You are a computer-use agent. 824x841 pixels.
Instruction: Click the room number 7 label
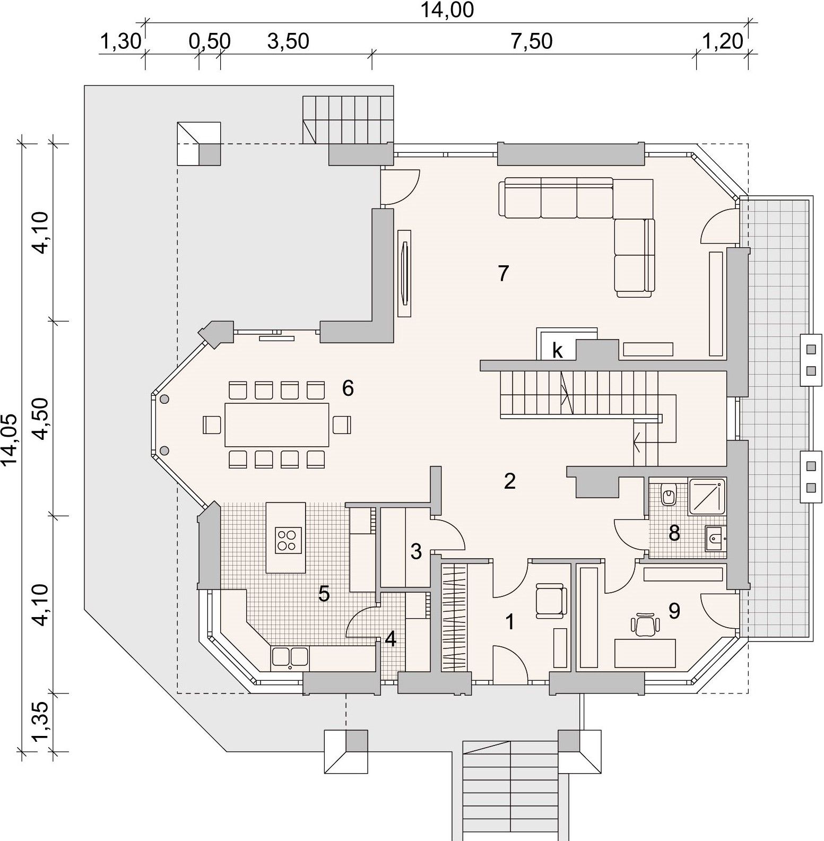[x=504, y=273]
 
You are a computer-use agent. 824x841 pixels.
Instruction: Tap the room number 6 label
[x=348, y=388]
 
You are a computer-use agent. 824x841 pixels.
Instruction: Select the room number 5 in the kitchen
[x=324, y=593]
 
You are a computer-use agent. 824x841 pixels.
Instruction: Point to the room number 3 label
[x=416, y=552]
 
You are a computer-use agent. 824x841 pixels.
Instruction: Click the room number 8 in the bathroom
[x=674, y=533]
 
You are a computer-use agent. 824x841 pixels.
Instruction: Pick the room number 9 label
[x=674, y=611]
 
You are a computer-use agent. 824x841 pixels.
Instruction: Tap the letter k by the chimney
[x=557, y=351]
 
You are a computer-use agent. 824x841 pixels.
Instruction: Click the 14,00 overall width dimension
[x=447, y=10]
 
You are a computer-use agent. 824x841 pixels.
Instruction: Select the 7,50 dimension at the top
[x=532, y=41]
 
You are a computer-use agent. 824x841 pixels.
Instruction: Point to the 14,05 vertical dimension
[x=10, y=440]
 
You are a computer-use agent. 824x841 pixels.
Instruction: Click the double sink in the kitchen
[x=290, y=657]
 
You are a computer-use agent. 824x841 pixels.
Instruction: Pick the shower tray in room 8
[x=707, y=496]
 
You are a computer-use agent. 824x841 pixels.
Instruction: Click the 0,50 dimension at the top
[x=210, y=41]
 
